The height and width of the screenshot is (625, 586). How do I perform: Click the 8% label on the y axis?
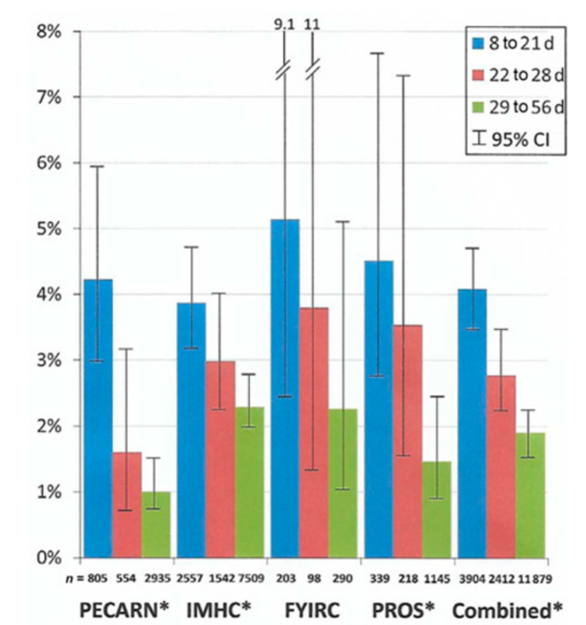48,32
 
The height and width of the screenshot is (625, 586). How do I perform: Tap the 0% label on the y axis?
48,558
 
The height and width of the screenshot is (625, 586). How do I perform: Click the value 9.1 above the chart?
285,24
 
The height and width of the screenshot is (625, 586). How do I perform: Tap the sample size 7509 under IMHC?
251,579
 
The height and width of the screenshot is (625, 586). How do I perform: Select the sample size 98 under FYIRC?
313,579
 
